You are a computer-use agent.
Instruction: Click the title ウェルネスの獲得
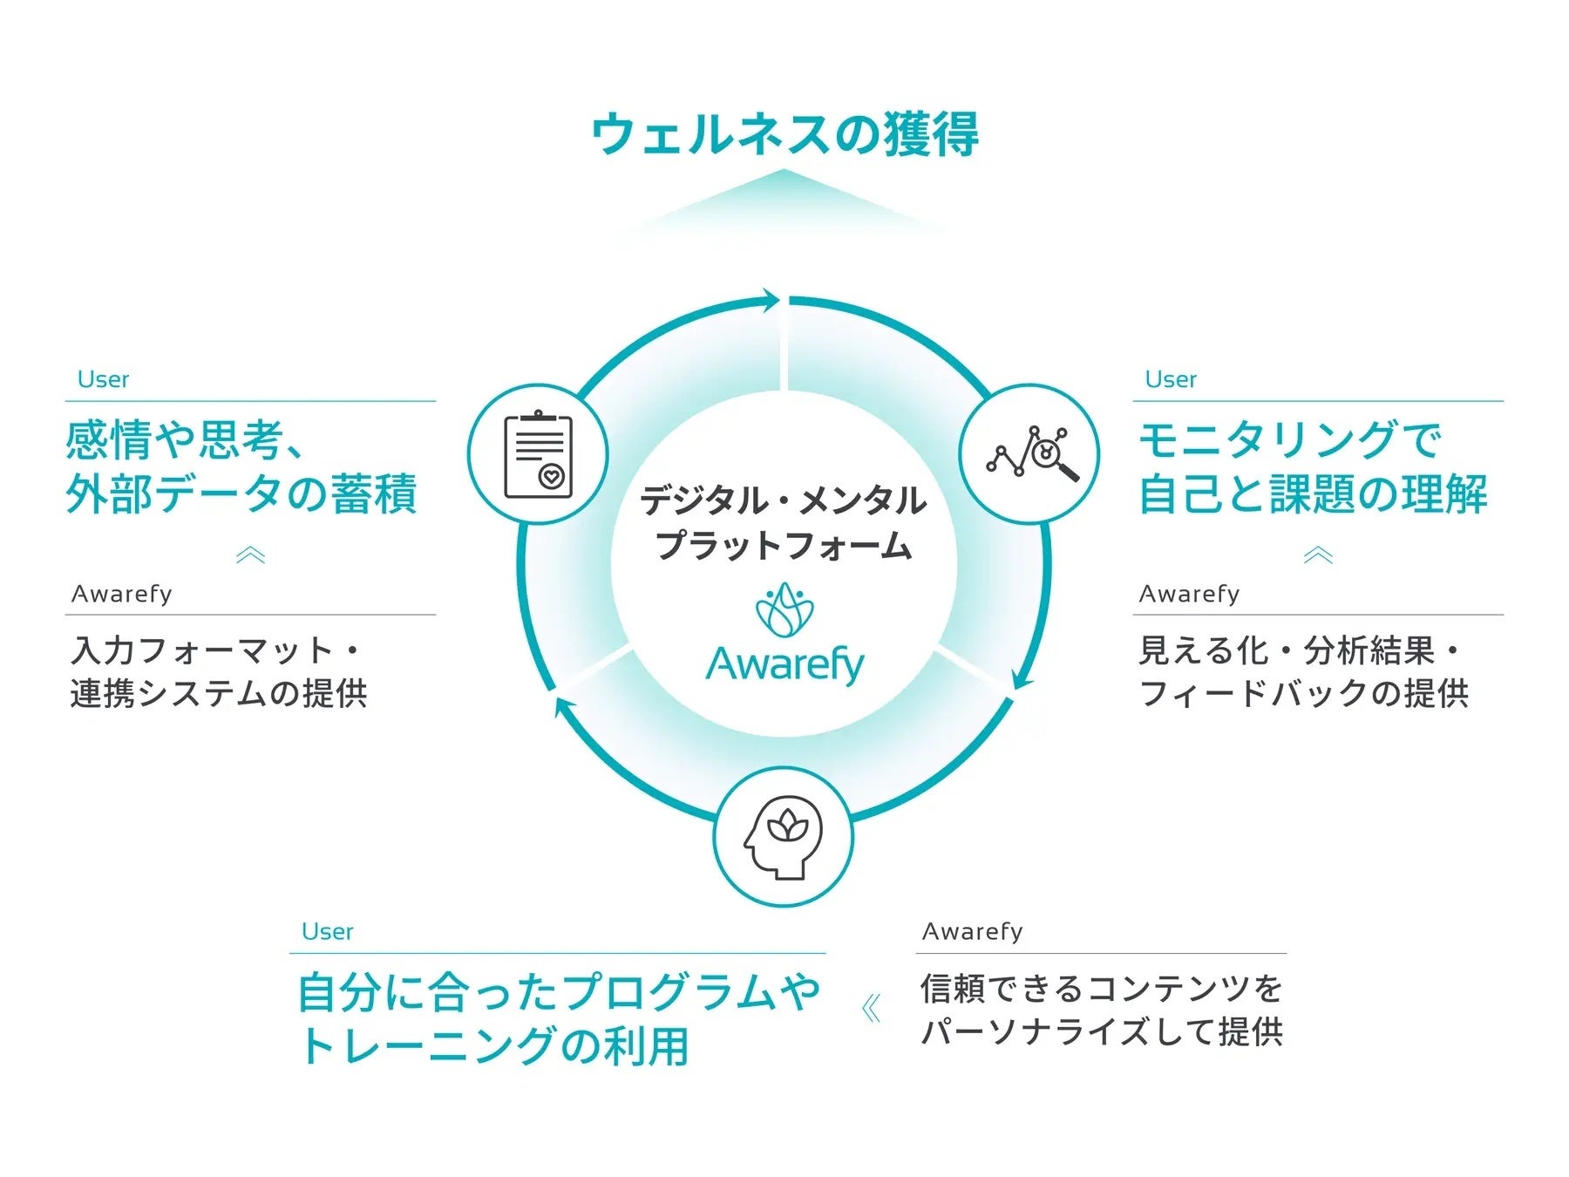[x=784, y=135]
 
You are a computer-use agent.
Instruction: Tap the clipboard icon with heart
[x=538, y=454]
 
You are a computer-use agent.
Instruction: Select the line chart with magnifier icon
[x=1030, y=454]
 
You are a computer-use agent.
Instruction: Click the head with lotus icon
[x=783, y=837]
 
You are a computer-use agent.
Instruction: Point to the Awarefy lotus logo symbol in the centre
[x=784, y=610]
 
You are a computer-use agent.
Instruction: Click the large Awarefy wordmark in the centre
[x=784, y=664]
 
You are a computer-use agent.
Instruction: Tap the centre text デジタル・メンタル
[x=783, y=500]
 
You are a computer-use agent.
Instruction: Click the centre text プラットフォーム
[x=783, y=546]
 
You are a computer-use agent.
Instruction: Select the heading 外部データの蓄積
[x=241, y=493]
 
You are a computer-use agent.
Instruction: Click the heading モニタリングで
[x=1290, y=440]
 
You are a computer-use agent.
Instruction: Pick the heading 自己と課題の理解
[x=1313, y=493]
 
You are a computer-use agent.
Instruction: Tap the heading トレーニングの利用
[x=493, y=1045]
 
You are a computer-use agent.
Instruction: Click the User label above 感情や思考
[x=103, y=379]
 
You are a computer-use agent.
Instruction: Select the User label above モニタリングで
[x=1171, y=379]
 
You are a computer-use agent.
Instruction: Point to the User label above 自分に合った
[x=327, y=931]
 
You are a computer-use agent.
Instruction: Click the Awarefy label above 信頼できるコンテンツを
[x=972, y=931]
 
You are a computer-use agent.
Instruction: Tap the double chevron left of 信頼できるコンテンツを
[x=871, y=1009]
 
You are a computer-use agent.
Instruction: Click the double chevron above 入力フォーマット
[x=250, y=555]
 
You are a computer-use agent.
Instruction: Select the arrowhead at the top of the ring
[x=769, y=301]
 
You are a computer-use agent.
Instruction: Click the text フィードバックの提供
[x=1304, y=694]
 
